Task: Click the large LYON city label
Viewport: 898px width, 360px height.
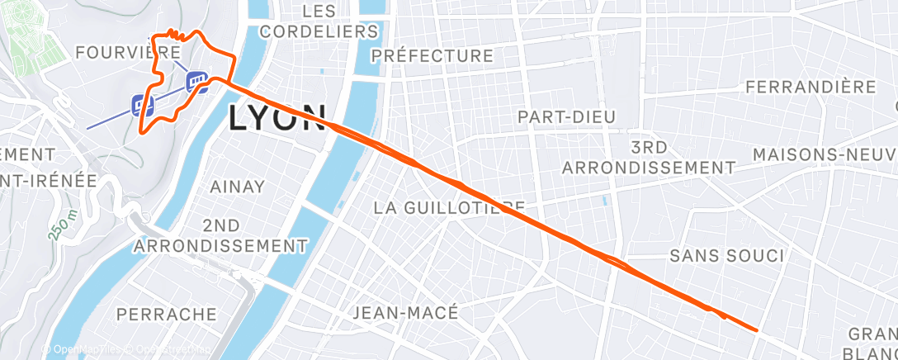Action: point(276,117)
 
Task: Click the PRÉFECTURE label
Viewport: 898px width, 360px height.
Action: point(432,56)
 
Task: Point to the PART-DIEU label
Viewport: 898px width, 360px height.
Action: point(566,116)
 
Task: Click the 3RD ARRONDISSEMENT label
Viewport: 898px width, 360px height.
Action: point(648,157)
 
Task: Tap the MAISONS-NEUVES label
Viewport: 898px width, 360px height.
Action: point(825,154)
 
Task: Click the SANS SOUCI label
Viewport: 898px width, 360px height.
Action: point(726,256)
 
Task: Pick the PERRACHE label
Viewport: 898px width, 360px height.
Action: point(167,314)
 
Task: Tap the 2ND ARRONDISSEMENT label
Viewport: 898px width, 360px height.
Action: point(219,235)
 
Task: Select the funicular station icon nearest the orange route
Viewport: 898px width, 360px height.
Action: point(196,80)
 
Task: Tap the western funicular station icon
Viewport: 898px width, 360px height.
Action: point(142,105)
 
